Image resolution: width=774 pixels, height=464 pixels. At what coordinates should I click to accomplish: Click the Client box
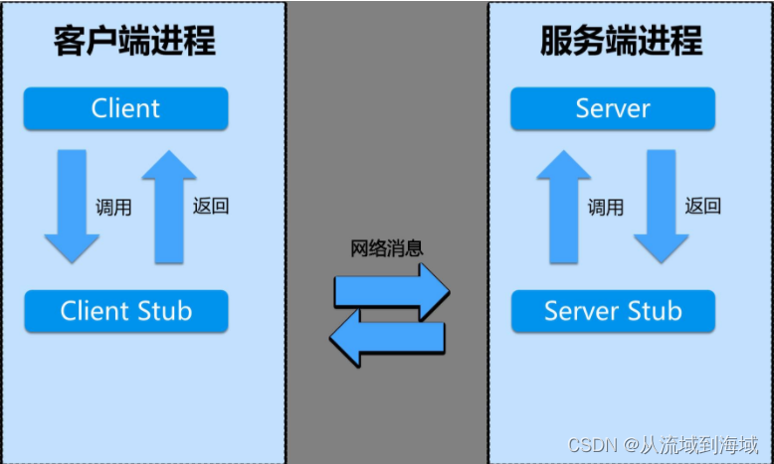coord(126,108)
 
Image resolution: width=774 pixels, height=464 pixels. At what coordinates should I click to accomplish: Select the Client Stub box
coord(126,311)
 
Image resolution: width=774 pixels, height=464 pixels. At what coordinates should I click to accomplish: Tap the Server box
coord(613,108)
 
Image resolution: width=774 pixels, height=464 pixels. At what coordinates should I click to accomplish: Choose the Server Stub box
coord(613,311)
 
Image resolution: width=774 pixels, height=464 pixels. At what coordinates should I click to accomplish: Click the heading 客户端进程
coord(134,42)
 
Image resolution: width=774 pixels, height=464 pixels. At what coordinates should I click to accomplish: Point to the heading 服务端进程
coord(622,42)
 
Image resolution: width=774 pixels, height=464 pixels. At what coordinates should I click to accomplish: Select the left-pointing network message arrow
coord(387,337)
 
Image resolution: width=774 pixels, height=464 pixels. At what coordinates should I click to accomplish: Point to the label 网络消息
coord(387,248)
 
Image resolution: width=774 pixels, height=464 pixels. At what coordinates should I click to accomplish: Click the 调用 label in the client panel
coord(113,208)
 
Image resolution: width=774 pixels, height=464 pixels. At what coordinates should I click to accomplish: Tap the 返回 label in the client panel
coord(211,207)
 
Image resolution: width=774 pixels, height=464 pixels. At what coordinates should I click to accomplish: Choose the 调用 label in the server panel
coord(606,208)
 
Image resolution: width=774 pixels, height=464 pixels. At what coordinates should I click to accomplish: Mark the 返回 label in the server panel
coord(703,207)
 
